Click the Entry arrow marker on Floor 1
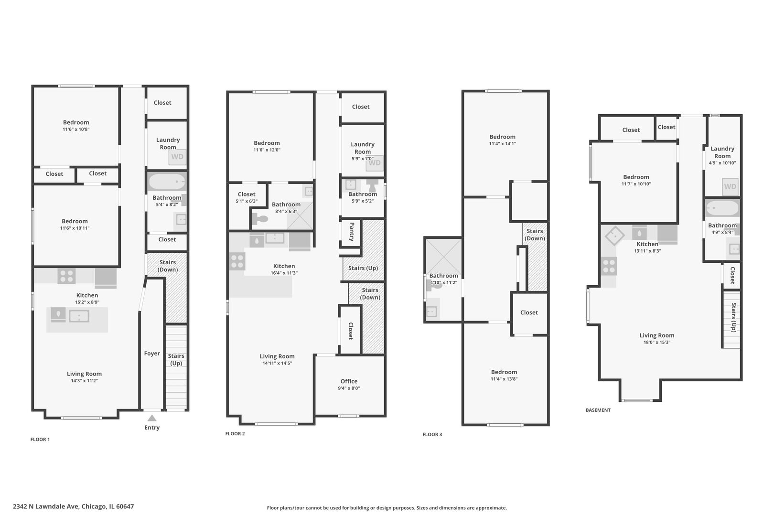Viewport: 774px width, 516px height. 151,418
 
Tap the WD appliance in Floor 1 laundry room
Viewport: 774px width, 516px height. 177,157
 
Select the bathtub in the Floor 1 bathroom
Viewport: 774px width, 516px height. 166,182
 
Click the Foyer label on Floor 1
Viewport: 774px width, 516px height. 152,354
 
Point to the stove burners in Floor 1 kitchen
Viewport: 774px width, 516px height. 66,276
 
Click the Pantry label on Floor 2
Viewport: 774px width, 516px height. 352,232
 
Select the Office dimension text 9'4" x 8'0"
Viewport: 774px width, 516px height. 349,388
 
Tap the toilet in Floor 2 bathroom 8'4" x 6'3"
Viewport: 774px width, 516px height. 261,219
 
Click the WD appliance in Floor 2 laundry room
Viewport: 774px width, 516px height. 375,163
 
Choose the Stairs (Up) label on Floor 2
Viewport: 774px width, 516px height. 363,268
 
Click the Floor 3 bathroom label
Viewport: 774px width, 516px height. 443,276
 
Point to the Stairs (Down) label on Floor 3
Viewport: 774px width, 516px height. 535,235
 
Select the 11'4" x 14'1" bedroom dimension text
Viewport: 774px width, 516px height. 502,144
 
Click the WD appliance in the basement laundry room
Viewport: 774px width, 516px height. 730,187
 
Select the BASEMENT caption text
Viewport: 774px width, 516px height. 598,410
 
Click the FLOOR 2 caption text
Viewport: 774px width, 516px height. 235,434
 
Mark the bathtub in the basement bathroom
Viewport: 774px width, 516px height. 722,209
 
